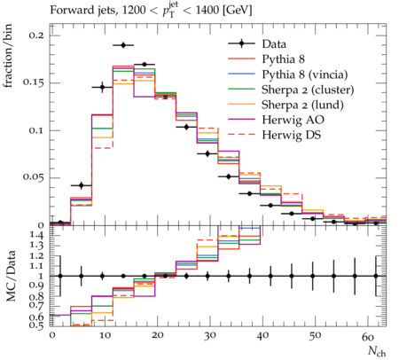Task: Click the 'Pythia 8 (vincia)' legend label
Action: pos(305,74)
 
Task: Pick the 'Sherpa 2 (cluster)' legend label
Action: pos(308,90)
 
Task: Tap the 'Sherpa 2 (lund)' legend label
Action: pos(302,105)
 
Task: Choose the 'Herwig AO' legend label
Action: pos(293,120)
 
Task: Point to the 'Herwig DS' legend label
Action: pos(292,135)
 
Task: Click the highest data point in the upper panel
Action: pos(123,45)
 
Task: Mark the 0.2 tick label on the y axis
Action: pos(36,35)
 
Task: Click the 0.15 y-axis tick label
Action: pos(34,82)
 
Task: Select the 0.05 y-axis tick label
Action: pos(34,177)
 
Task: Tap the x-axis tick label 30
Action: pos(209,335)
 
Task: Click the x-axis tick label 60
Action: pos(368,335)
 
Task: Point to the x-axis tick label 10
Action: pos(105,335)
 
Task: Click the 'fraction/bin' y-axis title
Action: pos(8,56)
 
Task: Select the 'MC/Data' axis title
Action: pos(11,276)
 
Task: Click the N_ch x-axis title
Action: pos(377,352)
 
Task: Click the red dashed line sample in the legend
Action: pos(241,135)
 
